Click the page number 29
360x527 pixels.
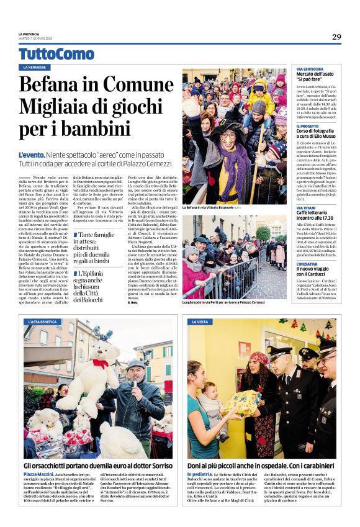[x=336, y=37]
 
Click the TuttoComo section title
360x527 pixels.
[x=56, y=54]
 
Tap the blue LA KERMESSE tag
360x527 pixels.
[x=36, y=68]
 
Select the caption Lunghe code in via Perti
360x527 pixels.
[x=223, y=302]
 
